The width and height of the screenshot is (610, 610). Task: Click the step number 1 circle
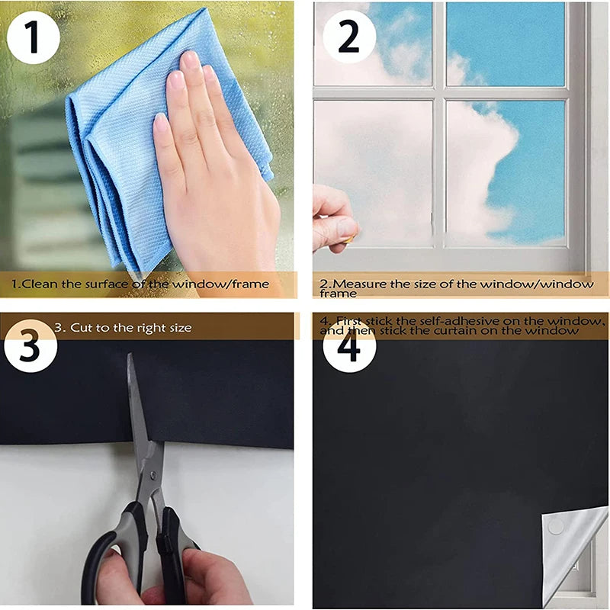click(32, 37)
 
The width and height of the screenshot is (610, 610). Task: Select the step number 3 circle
click(29, 347)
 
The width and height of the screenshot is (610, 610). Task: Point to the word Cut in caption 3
click(82, 328)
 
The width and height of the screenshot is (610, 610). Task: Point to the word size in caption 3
click(178, 328)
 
